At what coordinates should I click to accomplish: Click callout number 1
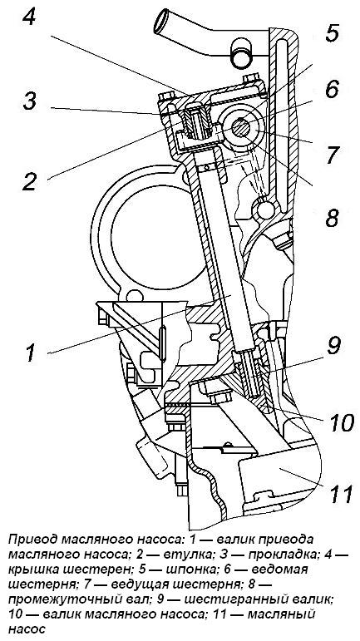pos(32,353)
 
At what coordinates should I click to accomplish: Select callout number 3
pos(30,101)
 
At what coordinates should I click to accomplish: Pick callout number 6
pos(331,88)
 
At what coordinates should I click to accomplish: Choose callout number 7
pos(332,155)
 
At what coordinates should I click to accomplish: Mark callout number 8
pos(332,218)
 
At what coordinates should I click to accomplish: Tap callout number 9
pos(334,346)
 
